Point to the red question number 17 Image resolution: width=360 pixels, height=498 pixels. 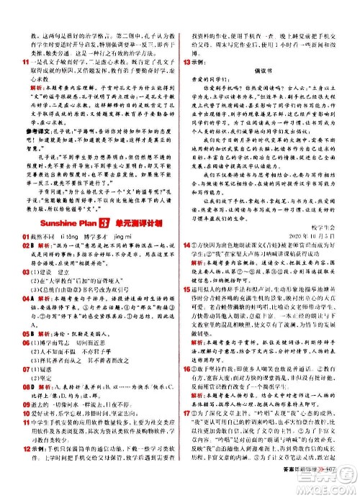point(188,434)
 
